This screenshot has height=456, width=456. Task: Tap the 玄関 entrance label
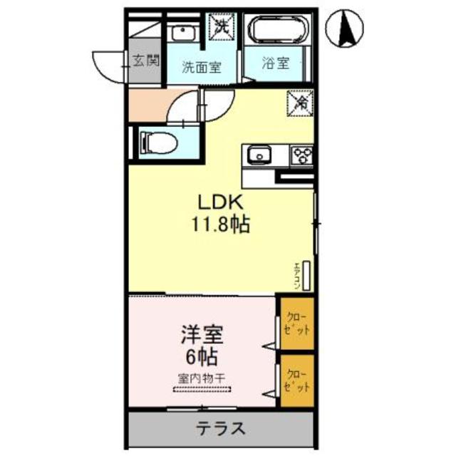(145, 62)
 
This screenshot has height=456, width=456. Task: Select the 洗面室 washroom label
(202, 68)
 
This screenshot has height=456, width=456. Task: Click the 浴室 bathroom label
(276, 63)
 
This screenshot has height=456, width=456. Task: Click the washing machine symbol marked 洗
(221, 27)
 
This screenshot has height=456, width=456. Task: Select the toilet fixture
(159, 143)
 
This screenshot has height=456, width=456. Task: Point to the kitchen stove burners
(301, 154)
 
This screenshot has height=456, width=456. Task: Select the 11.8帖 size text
(219, 226)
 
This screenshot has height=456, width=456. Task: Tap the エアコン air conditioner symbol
(306, 276)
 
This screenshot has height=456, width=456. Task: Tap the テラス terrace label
(221, 429)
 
